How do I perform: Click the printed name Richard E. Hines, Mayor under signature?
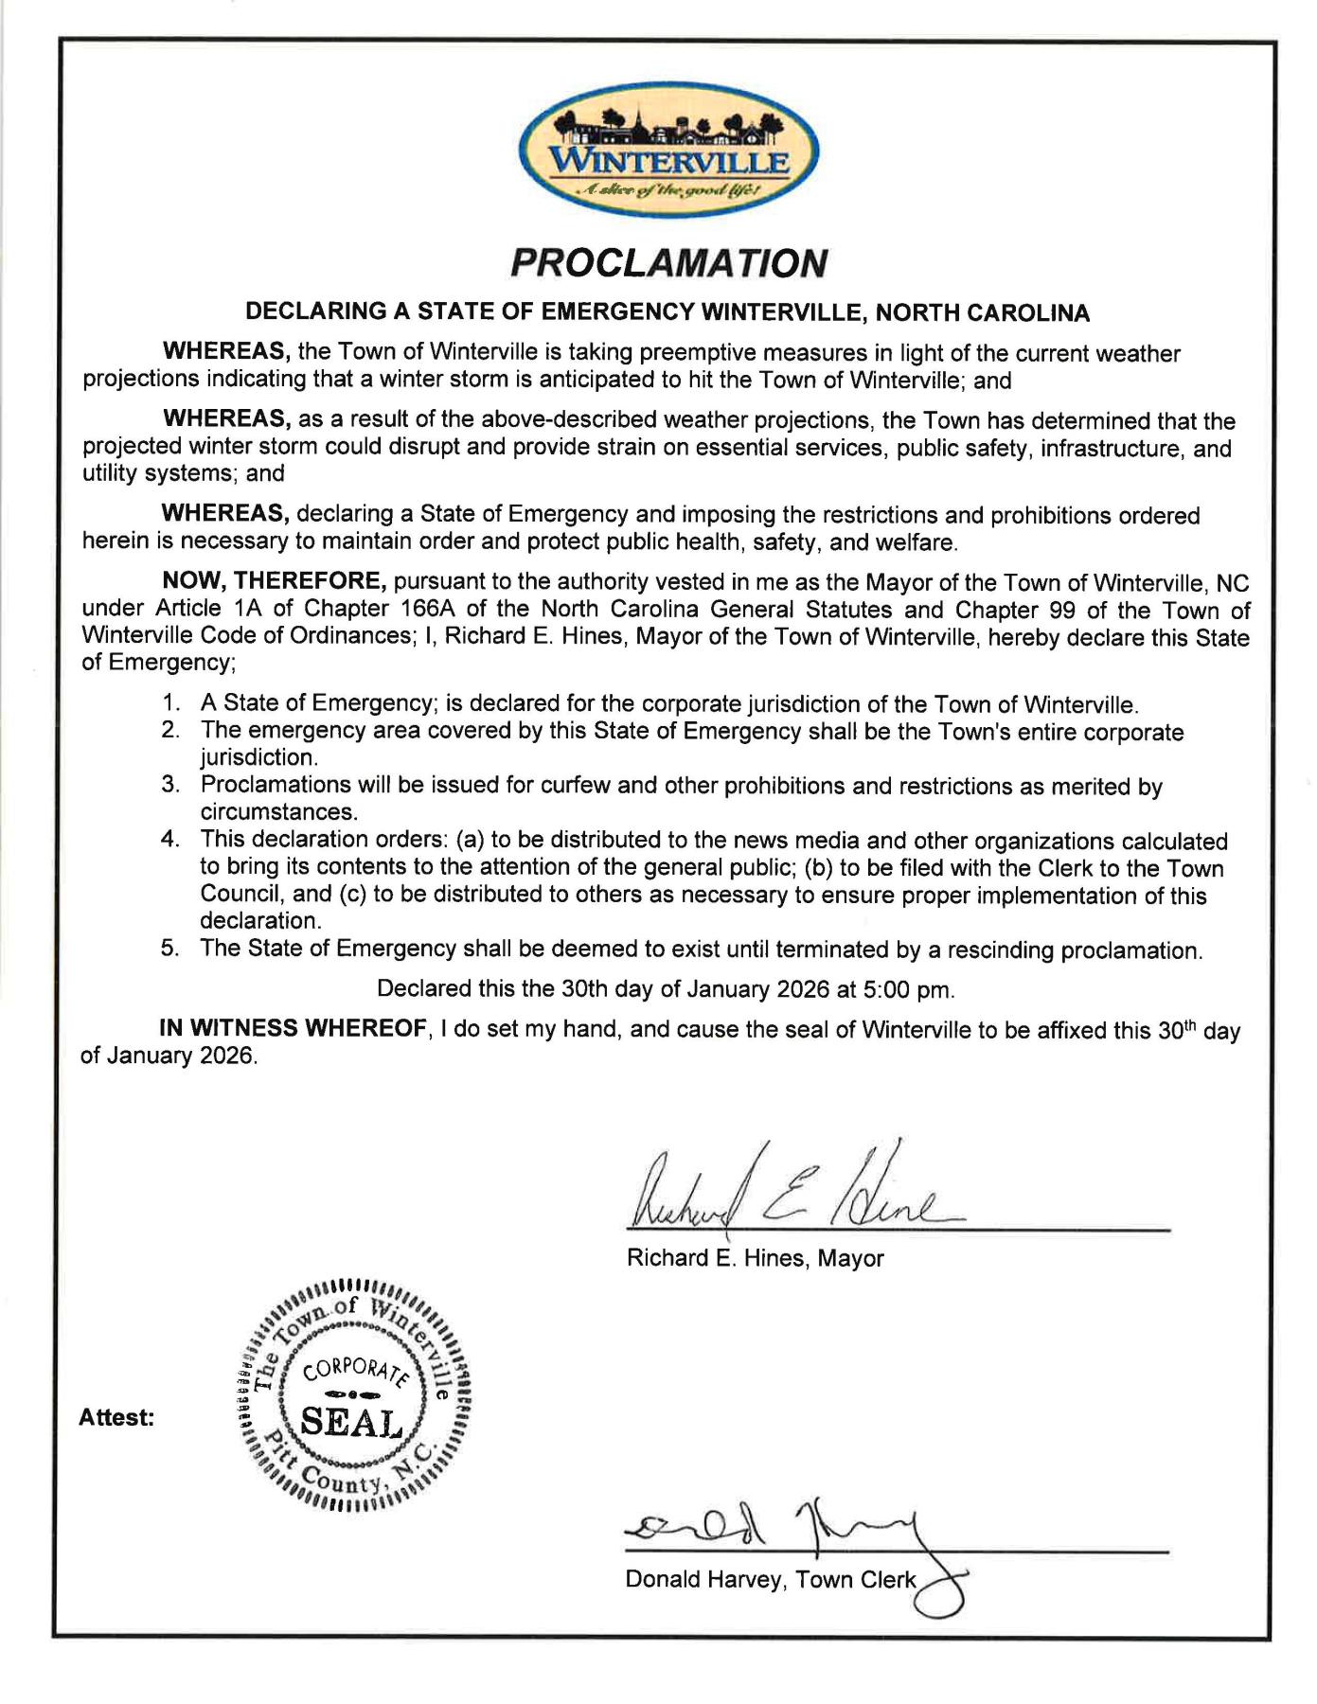click(x=755, y=1258)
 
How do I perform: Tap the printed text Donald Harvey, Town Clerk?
click(x=771, y=1580)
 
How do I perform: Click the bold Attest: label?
click(x=116, y=1418)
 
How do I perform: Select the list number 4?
click(x=170, y=840)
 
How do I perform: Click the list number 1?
click(x=170, y=704)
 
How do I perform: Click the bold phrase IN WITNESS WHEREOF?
click(x=292, y=1030)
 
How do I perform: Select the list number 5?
click(x=170, y=950)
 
